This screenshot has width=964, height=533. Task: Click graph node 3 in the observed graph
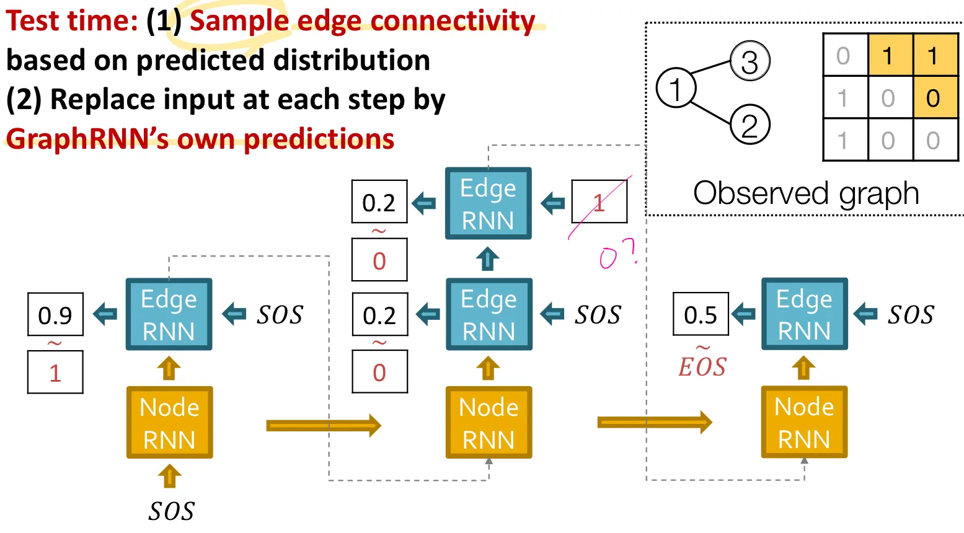pos(750,61)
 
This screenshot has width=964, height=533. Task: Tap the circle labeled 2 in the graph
pos(750,125)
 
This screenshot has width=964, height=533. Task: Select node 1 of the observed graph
pos(676,88)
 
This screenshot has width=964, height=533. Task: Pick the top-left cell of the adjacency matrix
pos(845,55)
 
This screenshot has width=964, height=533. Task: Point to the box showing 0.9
pos(56,314)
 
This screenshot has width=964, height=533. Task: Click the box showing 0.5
pos(701,314)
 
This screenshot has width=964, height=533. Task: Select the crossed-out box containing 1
pos(599,201)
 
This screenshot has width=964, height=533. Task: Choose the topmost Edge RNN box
pos(488,203)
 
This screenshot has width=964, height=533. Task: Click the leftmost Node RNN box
pos(170,422)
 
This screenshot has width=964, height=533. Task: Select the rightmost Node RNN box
pos(804,422)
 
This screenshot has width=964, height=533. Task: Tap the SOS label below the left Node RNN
pos(171,511)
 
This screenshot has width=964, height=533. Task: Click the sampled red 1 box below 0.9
pos(56,372)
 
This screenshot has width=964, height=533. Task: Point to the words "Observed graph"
pos(806,193)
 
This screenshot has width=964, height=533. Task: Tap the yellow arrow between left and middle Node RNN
pos(324,425)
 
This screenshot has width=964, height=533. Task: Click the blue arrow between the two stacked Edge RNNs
pos(488,258)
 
